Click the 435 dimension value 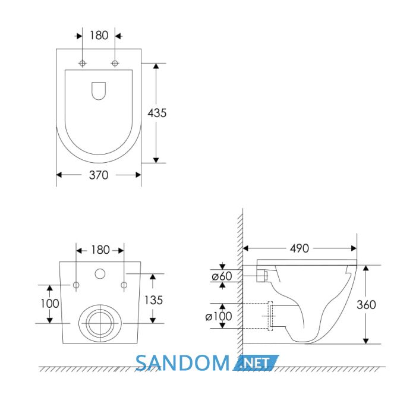pos(157,113)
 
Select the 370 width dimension pos(99,175)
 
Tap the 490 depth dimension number pos(300,248)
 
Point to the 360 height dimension pos(367,305)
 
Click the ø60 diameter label pos(222,276)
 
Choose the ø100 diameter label pos(219,316)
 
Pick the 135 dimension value pos(153,300)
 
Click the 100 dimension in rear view pos(50,304)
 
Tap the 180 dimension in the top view pos(99,36)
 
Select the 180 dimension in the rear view pos(100,250)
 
